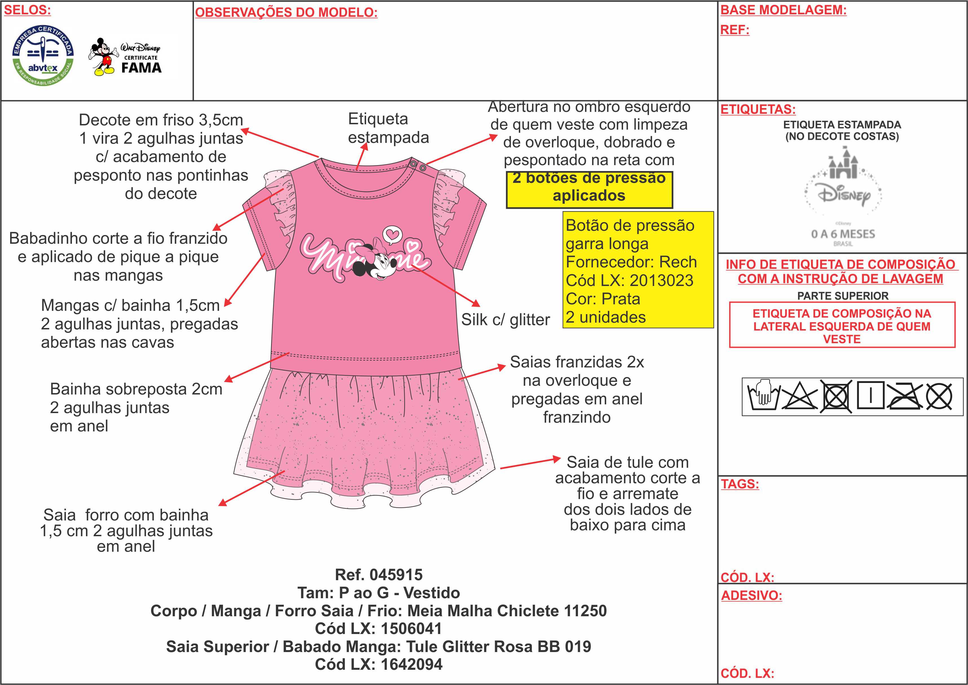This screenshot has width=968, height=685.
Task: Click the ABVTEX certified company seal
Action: pos(43,55)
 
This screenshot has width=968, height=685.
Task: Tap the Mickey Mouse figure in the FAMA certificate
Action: pos(103,57)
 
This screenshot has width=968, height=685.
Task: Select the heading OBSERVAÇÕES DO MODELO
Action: pos(286,13)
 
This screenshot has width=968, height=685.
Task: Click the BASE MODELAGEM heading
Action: pos(783,10)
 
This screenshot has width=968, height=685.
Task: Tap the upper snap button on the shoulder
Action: pos(414,163)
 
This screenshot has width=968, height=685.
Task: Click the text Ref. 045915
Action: pos(378,575)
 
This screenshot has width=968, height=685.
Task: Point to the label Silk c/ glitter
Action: pos(505,320)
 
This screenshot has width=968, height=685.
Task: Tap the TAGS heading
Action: pos(740,484)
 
